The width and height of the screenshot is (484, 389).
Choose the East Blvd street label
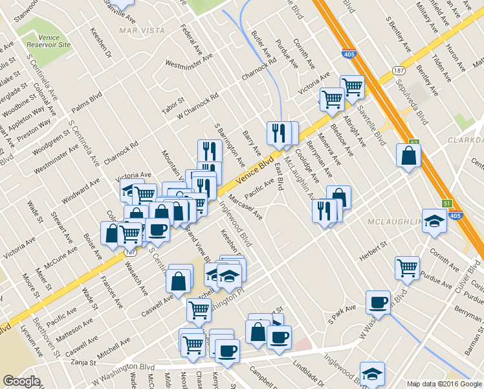click(x=280, y=176)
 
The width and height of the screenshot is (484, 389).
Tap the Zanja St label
click(x=83, y=362)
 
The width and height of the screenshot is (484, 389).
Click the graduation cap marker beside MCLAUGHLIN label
click(x=434, y=220)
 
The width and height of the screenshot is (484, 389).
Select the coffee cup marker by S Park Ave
click(x=378, y=301)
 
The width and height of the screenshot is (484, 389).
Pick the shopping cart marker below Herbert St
click(x=407, y=267)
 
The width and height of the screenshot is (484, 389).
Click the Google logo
click(x=21, y=381)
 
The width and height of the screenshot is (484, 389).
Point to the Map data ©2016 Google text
click(x=444, y=383)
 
